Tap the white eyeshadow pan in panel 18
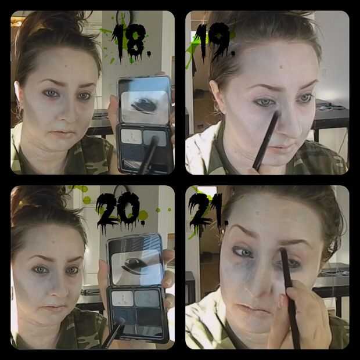131,136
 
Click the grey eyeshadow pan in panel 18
154,138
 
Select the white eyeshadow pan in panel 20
122,298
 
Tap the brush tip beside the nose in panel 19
277,114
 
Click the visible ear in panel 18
18,93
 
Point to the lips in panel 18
62,133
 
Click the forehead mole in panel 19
281,67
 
